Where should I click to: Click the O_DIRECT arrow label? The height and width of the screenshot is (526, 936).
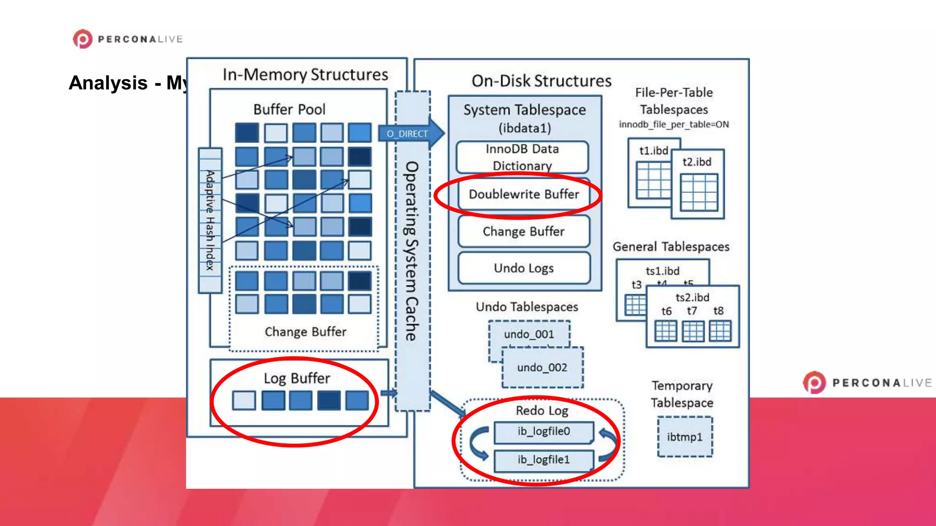click(407, 134)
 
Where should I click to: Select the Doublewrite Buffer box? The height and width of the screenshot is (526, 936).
click(524, 195)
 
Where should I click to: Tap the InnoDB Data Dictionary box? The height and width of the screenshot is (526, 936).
click(522, 157)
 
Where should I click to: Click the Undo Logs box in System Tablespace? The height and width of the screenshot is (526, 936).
click(524, 268)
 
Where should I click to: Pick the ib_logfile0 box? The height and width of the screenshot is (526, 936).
click(543, 431)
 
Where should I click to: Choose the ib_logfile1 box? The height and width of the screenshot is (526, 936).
click(543, 460)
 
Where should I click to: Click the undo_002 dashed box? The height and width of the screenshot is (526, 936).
click(542, 368)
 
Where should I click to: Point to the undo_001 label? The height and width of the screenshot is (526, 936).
click(529, 334)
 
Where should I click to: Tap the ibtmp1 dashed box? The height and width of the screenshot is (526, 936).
click(685, 437)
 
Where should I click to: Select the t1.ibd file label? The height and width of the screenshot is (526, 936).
click(654, 151)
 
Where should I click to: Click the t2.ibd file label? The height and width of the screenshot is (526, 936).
click(697, 162)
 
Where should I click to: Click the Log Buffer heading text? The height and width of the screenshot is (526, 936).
click(297, 379)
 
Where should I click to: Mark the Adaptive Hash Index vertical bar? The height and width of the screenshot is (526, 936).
click(210, 220)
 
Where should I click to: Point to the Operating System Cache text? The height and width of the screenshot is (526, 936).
click(412, 251)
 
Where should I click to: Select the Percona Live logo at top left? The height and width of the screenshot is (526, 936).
click(128, 39)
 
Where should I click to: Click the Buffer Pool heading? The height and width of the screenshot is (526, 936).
click(289, 110)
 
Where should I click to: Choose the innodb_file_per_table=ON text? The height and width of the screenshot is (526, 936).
click(674, 124)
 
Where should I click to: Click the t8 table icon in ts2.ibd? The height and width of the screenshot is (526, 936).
click(720, 331)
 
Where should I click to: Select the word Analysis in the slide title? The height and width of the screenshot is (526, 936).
click(108, 83)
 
